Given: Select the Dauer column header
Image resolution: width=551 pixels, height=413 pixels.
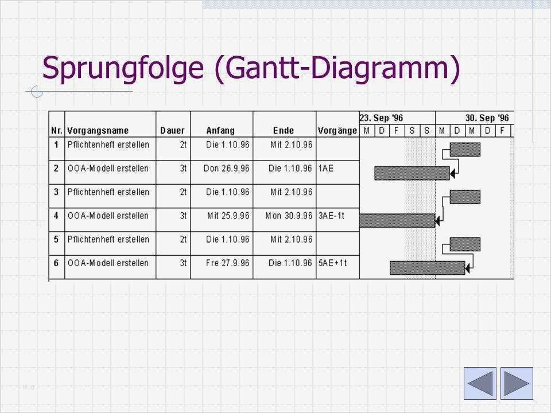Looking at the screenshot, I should (172, 131).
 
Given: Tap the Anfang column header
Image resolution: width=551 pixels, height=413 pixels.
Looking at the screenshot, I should (221, 131).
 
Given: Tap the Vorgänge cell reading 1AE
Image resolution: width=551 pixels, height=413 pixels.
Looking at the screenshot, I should (327, 169).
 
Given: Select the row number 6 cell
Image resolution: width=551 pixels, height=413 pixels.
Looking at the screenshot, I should (56, 263).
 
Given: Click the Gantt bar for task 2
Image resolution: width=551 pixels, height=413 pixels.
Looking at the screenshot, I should (412, 173).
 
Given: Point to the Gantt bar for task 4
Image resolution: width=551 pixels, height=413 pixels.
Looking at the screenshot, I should (397, 220).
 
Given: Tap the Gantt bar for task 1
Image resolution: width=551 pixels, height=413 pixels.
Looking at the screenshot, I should (465, 150).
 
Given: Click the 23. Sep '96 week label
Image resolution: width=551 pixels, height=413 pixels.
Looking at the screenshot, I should (382, 118).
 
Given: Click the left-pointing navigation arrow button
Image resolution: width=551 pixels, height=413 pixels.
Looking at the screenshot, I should (479, 383).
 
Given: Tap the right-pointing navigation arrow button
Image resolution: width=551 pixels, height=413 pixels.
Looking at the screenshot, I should (517, 383).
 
